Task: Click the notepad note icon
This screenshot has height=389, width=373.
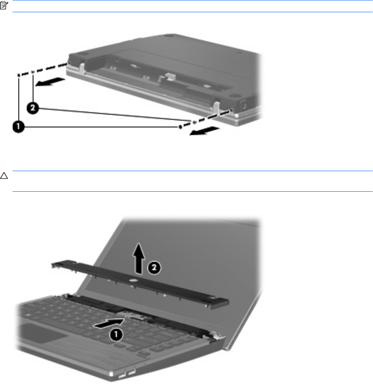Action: (4, 5)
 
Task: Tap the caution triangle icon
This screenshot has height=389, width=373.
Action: (4, 176)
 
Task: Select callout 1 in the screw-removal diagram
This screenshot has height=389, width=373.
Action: (19, 127)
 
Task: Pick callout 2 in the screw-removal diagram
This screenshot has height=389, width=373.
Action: (32, 108)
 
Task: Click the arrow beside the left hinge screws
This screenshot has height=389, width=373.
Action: (51, 82)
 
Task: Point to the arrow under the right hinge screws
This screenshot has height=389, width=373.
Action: (205, 131)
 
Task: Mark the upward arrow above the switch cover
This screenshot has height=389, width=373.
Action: (139, 258)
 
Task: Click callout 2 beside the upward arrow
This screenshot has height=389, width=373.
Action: (154, 268)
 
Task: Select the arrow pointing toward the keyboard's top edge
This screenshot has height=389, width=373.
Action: (109, 323)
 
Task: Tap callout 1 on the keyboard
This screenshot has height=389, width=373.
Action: (116, 334)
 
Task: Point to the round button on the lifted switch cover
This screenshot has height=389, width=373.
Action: (133, 281)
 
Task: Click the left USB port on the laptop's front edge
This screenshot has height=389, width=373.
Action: (122, 376)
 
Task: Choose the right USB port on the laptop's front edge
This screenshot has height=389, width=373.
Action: (132, 371)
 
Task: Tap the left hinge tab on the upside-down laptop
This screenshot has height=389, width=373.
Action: (82, 68)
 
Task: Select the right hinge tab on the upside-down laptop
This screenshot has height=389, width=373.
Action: (216, 107)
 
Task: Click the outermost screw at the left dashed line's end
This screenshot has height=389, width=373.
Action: (19, 75)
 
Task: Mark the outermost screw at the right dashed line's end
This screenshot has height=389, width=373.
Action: (180, 127)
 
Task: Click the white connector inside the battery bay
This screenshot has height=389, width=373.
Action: (170, 76)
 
